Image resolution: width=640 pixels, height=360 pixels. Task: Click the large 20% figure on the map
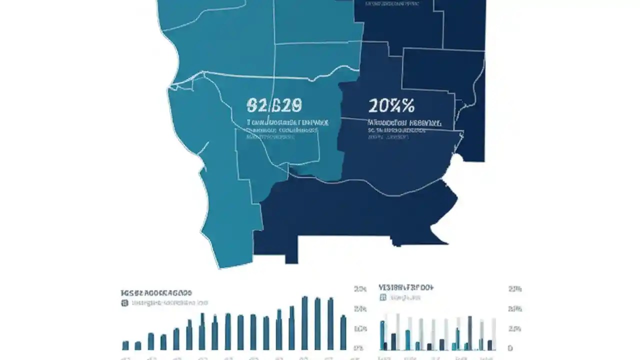pyautogui.click(x=391, y=105)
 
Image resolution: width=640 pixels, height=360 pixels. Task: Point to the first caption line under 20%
pyautogui.click(x=404, y=122)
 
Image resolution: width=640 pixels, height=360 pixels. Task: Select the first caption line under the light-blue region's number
pyautogui.click(x=287, y=122)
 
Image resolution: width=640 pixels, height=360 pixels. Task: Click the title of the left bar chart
pyautogui.click(x=156, y=292)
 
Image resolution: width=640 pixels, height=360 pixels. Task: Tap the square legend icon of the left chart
pyautogui.click(x=124, y=303)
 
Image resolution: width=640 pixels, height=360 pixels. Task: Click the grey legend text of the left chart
pyautogui.click(x=169, y=303)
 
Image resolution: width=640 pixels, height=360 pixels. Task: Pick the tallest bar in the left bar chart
pyautogui.click(x=304, y=323)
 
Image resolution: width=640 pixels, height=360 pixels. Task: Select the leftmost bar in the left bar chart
pyautogui.click(x=125, y=345)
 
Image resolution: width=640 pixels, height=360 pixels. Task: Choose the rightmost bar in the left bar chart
pyautogui.click(x=343, y=332)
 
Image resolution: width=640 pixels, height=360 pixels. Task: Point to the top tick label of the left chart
pyautogui.click(x=360, y=289)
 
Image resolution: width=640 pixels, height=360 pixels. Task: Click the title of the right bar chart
pyautogui.click(x=405, y=288)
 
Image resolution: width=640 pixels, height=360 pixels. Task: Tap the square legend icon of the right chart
pyautogui.click(x=383, y=297)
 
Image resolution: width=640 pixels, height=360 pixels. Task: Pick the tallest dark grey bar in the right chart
pyautogui.click(x=469, y=333)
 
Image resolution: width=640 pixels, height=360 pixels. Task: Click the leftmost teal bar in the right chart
pyautogui.click(x=382, y=335)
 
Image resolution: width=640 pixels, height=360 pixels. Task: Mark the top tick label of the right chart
pyautogui.click(x=515, y=289)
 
